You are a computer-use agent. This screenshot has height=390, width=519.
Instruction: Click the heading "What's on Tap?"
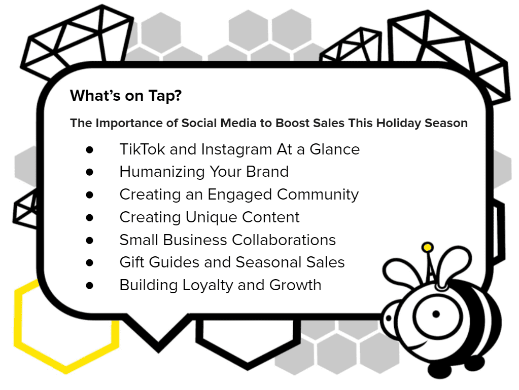pyautogui.click(x=126, y=96)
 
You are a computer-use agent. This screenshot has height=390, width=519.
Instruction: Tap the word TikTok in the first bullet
pyautogui.click(x=142, y=149)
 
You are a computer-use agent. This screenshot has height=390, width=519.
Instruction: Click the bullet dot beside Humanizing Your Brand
pyautogui.click(x=89, y=172)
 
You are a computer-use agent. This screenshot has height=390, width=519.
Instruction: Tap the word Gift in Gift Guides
pyautogui.click(x=132, y=262)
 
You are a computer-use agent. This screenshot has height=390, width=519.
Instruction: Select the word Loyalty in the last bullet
pyautogui.click(x=208, y=286)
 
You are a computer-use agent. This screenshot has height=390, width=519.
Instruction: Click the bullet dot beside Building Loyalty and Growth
pyautogui.click(x=89, y=286)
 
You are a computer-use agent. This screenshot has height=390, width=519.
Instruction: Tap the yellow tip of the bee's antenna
pyautogui.click(x=427, y=247)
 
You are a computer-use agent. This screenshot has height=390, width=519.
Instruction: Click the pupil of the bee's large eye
pyautogui.click(x=436, y=314)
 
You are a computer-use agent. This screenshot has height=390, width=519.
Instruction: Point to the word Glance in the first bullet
pyautogui.click(x=335, y=149)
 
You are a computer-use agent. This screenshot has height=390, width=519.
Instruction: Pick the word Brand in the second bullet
pyautogui.click(x=267, y=172)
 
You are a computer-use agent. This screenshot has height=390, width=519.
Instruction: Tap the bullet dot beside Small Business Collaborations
pyautogui.click(x=89, y=240)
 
